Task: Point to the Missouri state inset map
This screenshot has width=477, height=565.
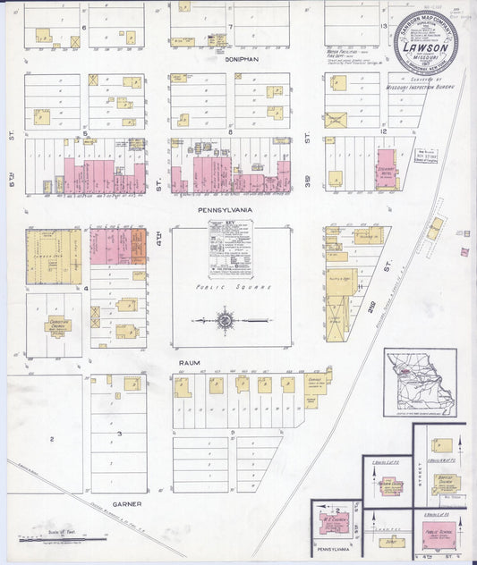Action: (420, 384)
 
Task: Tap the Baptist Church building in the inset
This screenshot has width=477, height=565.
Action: (446, 484)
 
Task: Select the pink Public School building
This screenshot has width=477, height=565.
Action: (439, 536)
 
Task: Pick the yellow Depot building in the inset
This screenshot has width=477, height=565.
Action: (389, 541)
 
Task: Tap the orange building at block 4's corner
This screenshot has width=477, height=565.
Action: (139, 246)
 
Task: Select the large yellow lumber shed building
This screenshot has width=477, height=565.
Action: (52, 257)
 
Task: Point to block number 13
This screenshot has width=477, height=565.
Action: (382, 27)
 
